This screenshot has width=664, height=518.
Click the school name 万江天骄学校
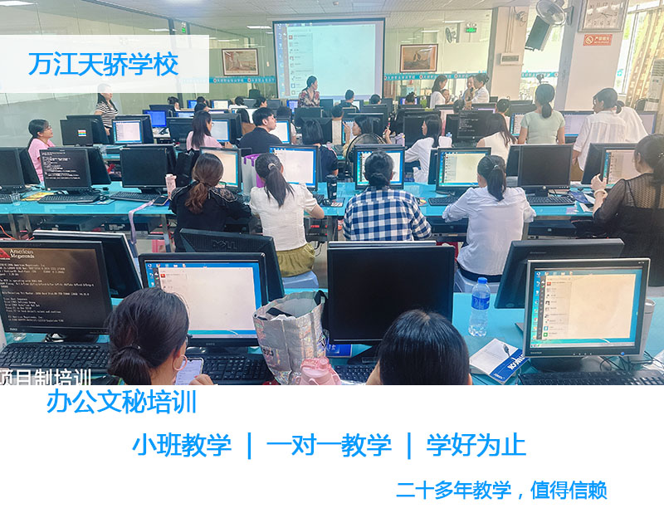(x=104, y=65)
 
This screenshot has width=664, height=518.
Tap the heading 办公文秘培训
(x=121, y=402)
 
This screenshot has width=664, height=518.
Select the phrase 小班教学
(x=181, y=445)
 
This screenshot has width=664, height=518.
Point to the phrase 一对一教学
(x=328, y=445)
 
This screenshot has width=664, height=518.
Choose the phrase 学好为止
(x=476, y=445)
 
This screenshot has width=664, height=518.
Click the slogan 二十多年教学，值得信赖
(x=501, y=490)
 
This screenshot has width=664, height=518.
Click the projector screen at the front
(x=329, y=58)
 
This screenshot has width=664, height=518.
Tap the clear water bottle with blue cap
(x=480, y=307)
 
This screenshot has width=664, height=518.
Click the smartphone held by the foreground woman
(x=189, y=369)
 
